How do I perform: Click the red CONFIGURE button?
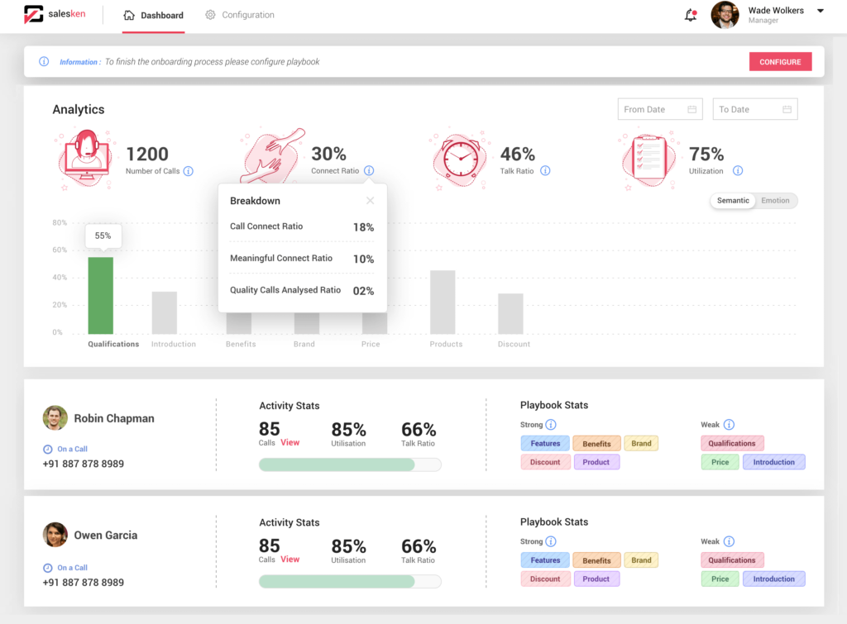780,62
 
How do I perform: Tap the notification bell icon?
690,15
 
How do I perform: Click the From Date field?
659,109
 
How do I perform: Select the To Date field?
754,109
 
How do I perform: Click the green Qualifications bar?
100,295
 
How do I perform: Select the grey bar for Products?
443,302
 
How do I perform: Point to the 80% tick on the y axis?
60,223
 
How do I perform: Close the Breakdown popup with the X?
370,201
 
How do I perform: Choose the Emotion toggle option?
775,201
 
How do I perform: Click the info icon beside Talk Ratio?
545,171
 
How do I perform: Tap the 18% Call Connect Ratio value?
363,227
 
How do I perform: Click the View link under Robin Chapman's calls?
290,443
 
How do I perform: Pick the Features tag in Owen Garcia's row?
545,560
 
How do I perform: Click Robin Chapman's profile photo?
55,418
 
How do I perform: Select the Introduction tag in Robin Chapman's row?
773,463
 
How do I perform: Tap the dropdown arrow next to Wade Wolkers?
821,11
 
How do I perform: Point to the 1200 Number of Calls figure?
147,155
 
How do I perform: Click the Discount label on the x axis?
514,345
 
